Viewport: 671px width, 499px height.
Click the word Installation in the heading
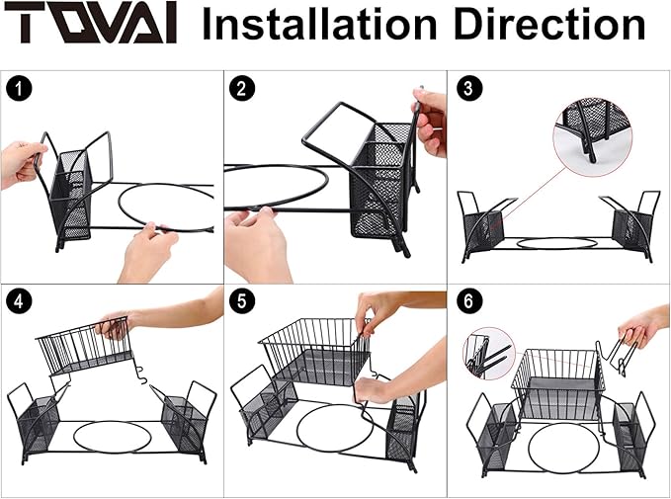point(319,24)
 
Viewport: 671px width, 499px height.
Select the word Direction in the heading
point(549,24)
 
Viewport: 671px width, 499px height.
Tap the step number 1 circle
point(19,89)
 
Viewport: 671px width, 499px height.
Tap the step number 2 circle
point(242,89)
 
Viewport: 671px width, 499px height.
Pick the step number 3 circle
point(469,88)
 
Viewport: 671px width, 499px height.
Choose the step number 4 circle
point(19,301)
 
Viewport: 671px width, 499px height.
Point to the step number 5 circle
point(242,301)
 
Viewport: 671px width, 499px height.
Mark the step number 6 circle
point(469,300)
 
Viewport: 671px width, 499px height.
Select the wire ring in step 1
point(165,185)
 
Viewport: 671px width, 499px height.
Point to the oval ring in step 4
point(112,423)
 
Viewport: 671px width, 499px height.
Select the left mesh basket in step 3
point(483,231)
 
